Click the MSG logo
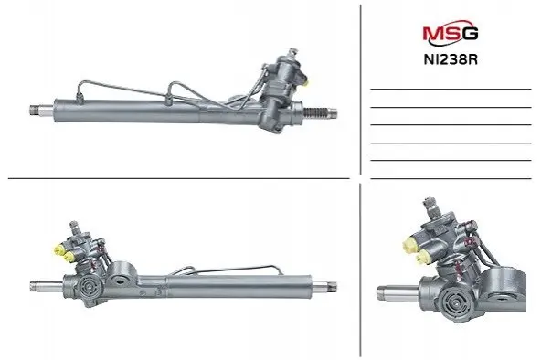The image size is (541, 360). coord(451,32)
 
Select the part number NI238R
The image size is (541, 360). coord(451,59)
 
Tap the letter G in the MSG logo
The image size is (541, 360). coord(471,33)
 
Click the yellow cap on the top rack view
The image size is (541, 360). coord(306,83)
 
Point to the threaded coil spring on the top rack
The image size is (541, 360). coord(314,111)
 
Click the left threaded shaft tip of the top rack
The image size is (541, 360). coord(35,110)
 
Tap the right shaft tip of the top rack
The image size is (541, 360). coord(332,112)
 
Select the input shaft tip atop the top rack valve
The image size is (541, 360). coord(293,52)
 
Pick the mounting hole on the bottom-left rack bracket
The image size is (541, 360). coord(121,281)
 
